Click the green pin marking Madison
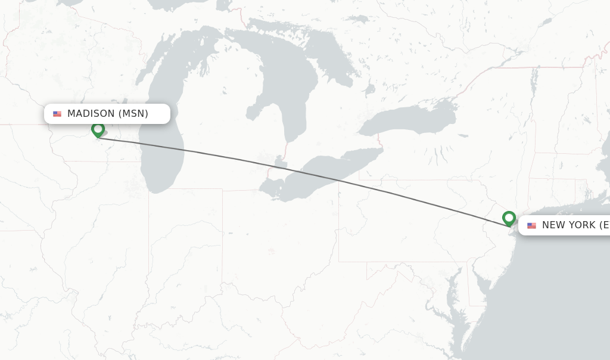pos(98,129)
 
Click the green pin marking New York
pos(509,218)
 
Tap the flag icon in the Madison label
pos(57,114)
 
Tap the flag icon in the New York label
pos(531,225)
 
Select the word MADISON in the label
pos(91,114)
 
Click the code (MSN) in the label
pos(133,114)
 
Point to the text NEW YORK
pos(568,225)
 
